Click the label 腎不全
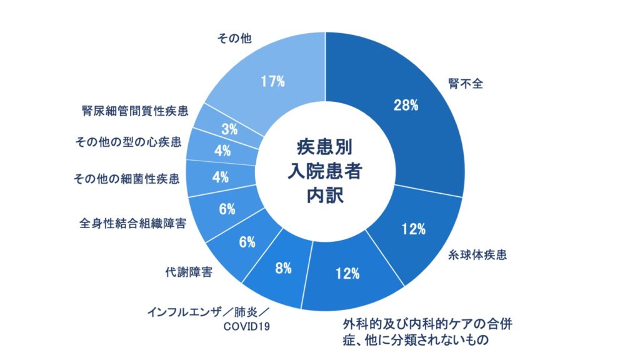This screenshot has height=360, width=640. point(466,83)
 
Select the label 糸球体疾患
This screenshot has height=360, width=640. point(477,255)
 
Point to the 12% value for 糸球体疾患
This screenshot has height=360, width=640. point(413,229)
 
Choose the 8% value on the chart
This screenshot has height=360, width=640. point(283,269)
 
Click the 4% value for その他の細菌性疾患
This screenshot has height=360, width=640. point(220,177)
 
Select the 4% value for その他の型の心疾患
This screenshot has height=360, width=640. point(222,151)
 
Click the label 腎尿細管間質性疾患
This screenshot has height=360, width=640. point(134,111)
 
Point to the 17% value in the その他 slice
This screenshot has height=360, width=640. point(273,81)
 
